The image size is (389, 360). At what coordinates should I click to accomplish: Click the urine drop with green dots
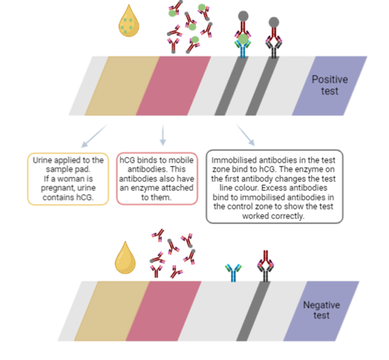click(129, 21)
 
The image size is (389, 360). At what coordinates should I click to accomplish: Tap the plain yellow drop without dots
click(126, 258)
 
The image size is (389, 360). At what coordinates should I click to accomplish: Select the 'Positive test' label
click(329, 85)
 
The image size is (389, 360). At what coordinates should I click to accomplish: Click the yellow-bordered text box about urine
click(68, 179)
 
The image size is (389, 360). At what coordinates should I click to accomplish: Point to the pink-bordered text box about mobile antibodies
click(157, 179)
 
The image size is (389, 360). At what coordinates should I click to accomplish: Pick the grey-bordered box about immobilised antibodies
click(275, 186)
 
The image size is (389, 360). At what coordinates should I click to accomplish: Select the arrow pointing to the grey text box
click(246, 135)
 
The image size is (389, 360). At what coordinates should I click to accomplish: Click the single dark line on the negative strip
click(252, 311)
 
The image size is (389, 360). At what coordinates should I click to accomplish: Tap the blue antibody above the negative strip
click(234, 272)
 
